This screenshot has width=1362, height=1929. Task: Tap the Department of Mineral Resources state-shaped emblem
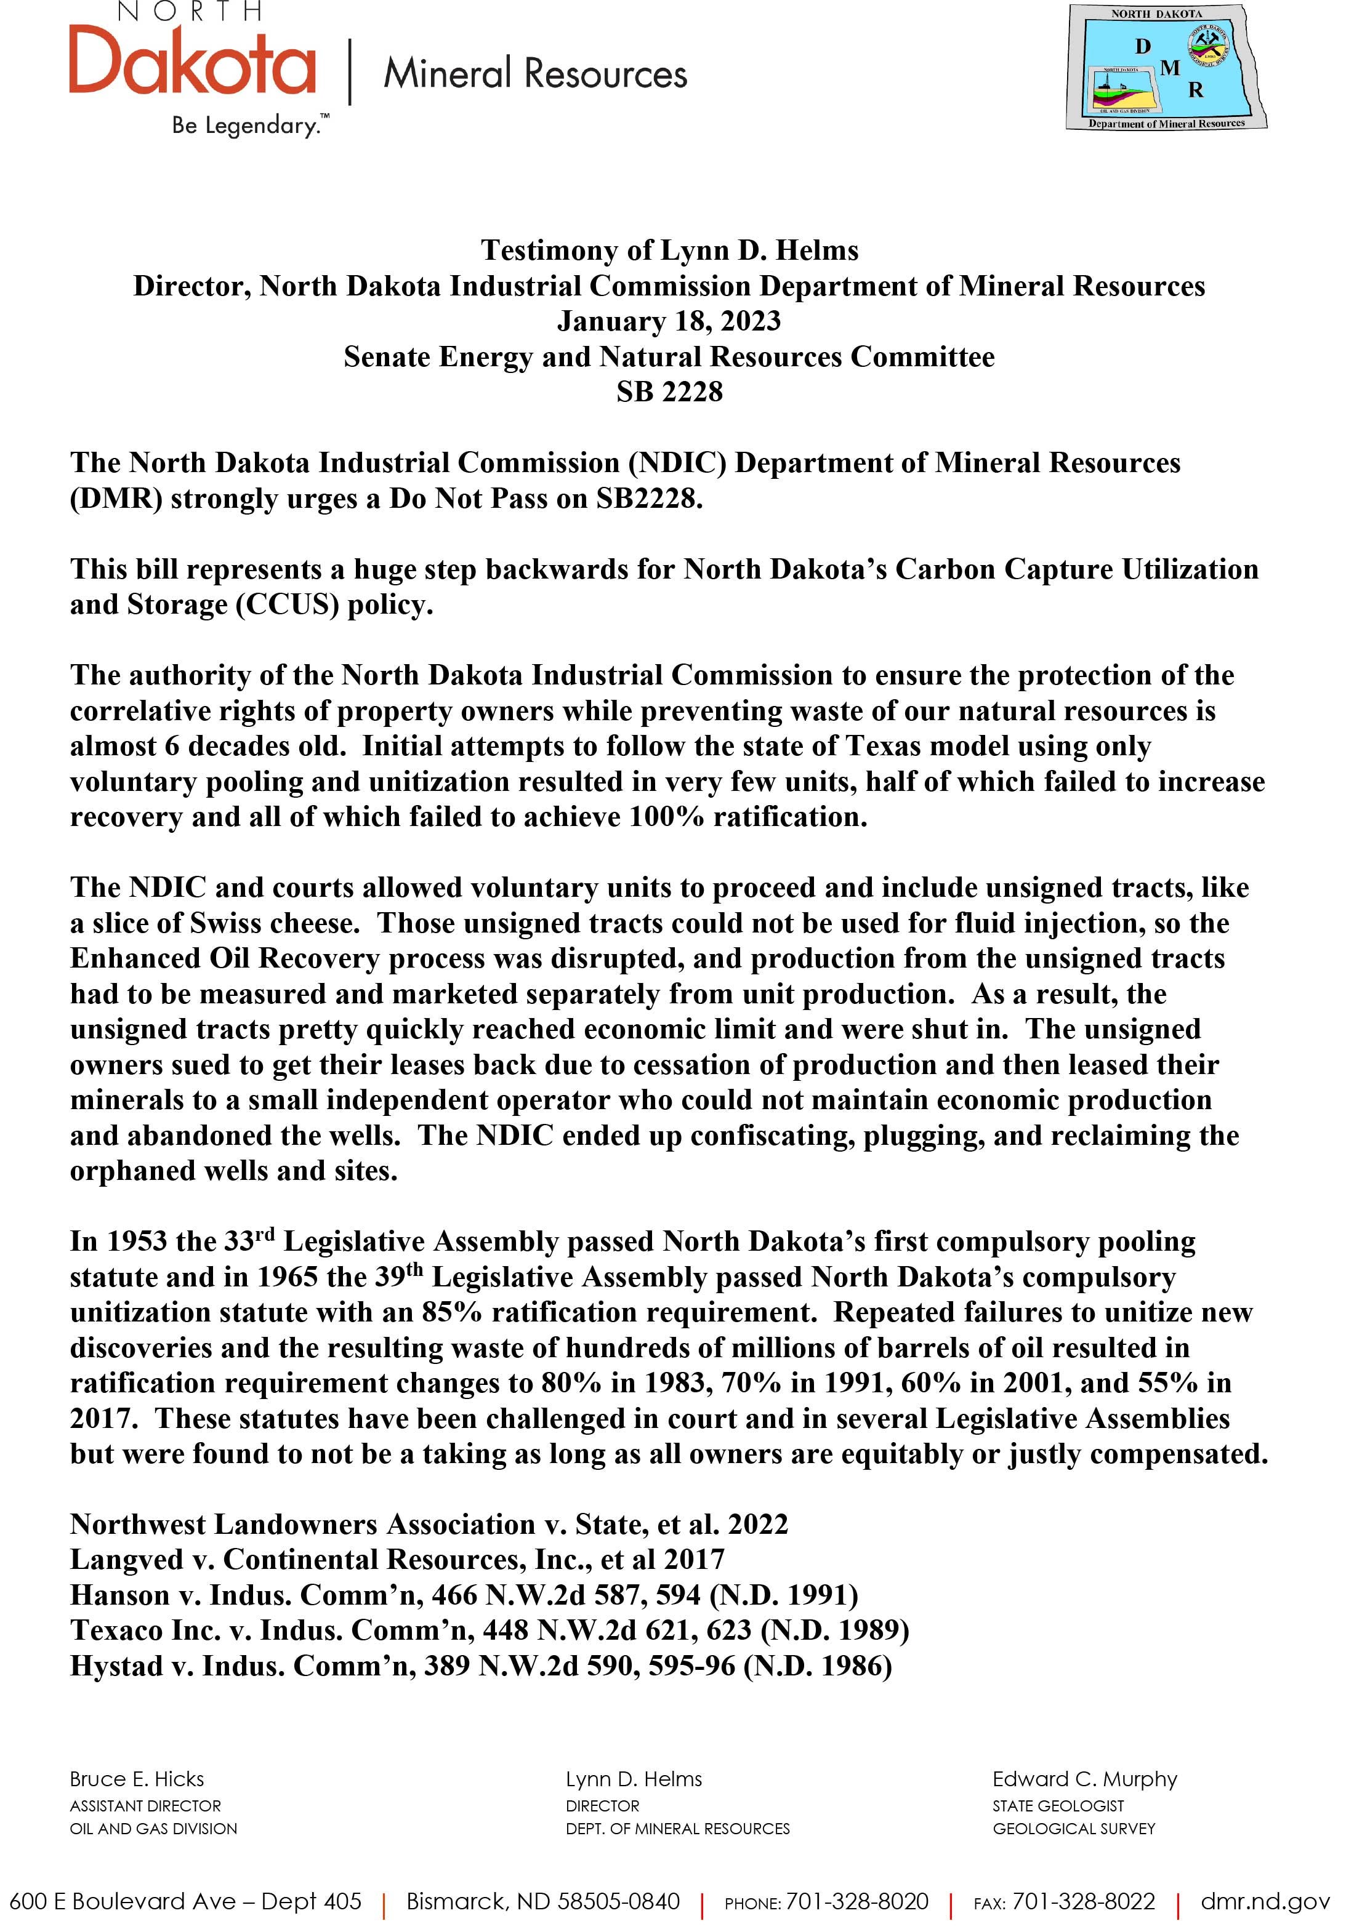pyautogui.click(x=1166, y=67)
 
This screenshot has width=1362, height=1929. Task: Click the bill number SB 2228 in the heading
pyautogui.click(x=669, y=392)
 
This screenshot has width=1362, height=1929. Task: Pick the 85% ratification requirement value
pyautogui.click(x=452, y=1313)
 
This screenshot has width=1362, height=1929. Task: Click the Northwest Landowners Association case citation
pyautogui.click(x=429, y=1524)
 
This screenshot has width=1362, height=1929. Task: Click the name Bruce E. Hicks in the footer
pyautogui.click(x=137, y=1779)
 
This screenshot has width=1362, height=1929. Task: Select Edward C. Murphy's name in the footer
pyautogui.click(x=1084, y=1779)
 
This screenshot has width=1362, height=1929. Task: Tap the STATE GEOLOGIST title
pyautogui.click(x=1057, y=1805)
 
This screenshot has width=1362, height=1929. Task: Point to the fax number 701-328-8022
pyautogui.click(x=1083, y=1901)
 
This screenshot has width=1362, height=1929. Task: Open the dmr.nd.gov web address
pyautogui.click(x=1265, y=1901)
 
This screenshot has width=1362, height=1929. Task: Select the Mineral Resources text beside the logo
pyautogui.click(x=535, y=74)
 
